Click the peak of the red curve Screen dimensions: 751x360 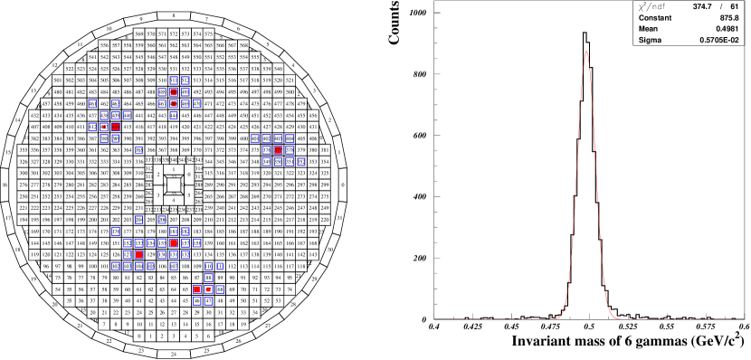(586, 51)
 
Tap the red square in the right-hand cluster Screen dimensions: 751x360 (278, 150)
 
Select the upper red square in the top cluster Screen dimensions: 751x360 (174, 91)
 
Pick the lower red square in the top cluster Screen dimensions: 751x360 (174, 103)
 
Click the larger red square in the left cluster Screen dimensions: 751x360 (116, 127)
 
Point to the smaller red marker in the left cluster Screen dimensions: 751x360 (104, 127)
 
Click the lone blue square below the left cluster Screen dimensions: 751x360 (138, 150)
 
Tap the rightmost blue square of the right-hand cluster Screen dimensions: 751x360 (301, 162)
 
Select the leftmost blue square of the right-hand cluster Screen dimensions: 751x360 (255, 138)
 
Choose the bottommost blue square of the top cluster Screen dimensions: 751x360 (174, 116)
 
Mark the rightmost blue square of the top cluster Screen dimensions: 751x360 (197, 103)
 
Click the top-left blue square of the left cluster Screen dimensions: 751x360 (92, 103)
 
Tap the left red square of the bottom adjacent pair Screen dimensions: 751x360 (197, 289)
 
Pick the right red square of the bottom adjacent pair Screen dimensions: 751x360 (208, 289)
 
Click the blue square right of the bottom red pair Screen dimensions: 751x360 (220, 289)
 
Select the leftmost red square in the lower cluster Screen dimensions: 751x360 (138, 254)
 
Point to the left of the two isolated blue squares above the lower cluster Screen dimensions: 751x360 (138, 220)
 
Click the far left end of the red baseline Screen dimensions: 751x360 (437, 319)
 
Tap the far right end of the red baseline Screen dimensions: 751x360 (745, 319)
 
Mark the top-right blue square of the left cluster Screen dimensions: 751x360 (116, 103)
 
